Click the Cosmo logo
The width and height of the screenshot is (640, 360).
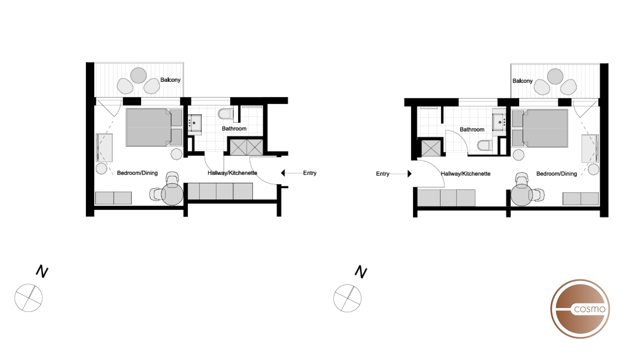(x=580, y=309)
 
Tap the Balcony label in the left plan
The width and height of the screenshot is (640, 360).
(x=170, y=80)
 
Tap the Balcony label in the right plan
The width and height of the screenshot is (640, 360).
(x=522, y=81)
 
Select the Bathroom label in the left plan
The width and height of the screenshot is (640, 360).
(x=234, y=128)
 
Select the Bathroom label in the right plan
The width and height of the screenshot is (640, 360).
(x=472, y=129)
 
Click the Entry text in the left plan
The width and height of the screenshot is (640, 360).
(x=310, y=173)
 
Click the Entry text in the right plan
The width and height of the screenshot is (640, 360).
(x=382, y=174)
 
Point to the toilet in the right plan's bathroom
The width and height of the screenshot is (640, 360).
(x=484, y=145)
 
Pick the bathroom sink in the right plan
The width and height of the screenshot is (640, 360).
(x=499, y=122)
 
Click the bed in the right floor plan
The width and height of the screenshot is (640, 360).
(x=545, y=128)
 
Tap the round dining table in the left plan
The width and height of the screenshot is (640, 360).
(x=172, y=194)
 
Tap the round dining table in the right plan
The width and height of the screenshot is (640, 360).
(x=521, y=195)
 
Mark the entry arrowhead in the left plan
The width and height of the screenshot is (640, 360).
(x=283, y=173)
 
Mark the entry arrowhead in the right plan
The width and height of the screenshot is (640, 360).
(x=409, y=174)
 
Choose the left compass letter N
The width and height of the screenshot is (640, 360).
(x=42, y=271)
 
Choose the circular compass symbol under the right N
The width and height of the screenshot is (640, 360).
(x=347, y=298)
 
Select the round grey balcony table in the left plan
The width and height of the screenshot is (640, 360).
(x=138, y=75)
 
